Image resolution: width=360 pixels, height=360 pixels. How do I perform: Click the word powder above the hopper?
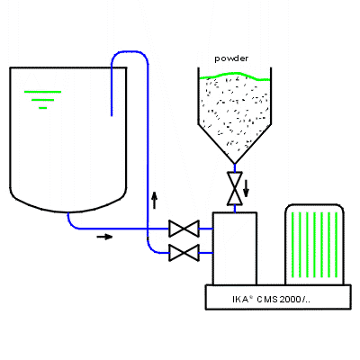pos(231,58)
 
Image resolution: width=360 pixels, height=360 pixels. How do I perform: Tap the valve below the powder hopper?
pos(235,188)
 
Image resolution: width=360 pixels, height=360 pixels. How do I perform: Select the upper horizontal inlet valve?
pos(184,229)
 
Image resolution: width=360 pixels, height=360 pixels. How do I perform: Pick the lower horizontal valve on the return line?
pos(184,253)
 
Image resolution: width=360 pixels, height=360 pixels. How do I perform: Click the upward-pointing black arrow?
pos(155,201)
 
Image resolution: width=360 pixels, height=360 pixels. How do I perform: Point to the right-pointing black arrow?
pos(104,237)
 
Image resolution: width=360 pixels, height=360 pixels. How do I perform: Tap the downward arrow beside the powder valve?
pos(246,188)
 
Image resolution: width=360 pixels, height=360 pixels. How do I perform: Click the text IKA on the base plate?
pos(240,299)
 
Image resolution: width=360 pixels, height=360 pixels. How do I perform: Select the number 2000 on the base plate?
pos(290,299)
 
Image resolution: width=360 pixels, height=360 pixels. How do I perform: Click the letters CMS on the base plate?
pos(267,299)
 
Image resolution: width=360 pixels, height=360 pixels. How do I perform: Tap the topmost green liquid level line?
pos(42,92)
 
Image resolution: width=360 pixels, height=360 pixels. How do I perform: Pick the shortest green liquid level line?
pos(43,108)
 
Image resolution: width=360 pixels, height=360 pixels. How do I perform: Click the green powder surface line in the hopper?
pos(235,76)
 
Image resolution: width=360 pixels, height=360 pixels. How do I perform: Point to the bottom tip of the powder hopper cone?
pos(235,164)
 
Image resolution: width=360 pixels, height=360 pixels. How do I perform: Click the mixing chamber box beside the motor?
pos(235,248)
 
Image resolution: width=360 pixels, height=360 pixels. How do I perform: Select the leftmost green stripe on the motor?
pos(292,245)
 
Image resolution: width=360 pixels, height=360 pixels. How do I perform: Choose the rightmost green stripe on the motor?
pos(336,245)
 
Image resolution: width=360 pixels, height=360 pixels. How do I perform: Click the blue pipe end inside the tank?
pos(112,115)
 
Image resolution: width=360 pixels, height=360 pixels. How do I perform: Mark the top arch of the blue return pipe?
pos(130,52)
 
